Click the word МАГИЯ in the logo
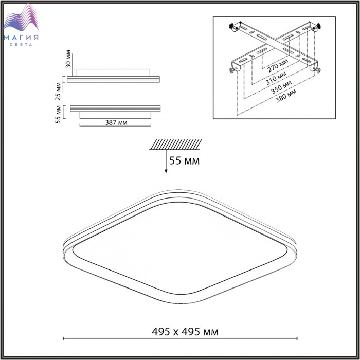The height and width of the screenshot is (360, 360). pos(21,37)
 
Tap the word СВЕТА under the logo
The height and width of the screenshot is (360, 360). pos(21,45)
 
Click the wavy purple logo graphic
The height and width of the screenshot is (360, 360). pos(21,17)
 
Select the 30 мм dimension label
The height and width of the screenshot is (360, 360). pos(68,59)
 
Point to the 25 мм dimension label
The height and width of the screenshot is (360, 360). pos(59,92)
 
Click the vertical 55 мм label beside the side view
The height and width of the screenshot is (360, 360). pos(58,114)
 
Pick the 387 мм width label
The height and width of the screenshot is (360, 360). pos(116,122)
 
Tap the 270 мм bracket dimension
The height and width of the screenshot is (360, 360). pos(278,65)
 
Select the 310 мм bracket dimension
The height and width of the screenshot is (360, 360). pos(276,78)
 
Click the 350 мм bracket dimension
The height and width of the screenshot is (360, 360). pos(281,87)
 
